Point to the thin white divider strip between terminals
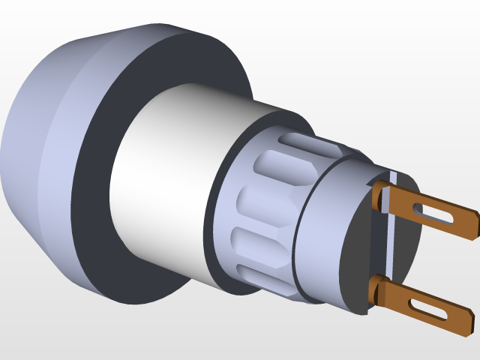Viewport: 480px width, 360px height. [390, 240]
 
